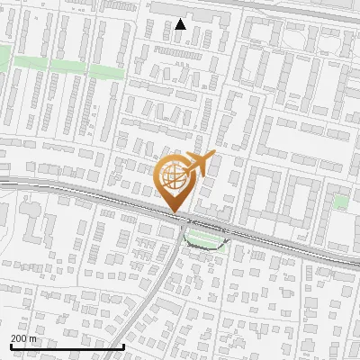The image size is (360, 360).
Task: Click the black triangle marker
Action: coord(181,24)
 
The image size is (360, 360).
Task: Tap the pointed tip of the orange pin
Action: coord(174,212)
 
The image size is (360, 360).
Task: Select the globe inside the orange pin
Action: coord(175,175)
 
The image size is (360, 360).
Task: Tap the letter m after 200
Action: coord(34,338)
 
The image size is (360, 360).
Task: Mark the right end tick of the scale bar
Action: coord(122,345)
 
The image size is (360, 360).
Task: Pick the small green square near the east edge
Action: coord(340,202)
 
